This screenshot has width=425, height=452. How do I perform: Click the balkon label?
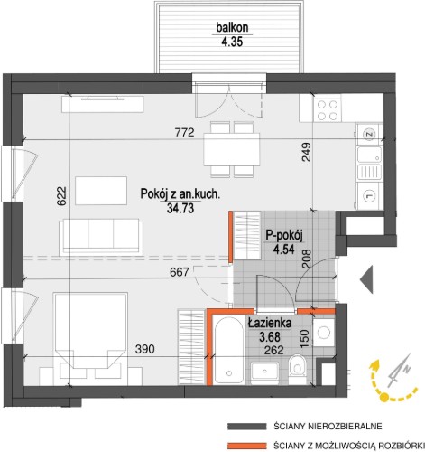coord(232,28)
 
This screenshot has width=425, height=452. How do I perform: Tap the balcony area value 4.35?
coord(232,42)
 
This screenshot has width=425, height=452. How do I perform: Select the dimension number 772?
coord(184,132)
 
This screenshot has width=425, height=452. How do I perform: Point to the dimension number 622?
coord(61,196)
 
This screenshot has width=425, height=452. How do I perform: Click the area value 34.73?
coord(180,208)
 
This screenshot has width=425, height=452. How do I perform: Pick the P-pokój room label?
coord(283,236)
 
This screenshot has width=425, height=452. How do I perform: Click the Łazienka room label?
coord(270,323)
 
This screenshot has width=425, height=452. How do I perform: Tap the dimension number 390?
coord(145,349)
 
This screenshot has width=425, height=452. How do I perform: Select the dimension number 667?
coord(180,272)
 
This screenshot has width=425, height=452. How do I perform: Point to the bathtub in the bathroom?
coord(229,349)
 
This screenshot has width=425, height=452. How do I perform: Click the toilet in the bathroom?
coord(298,368)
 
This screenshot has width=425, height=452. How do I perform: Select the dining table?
coord(232,149)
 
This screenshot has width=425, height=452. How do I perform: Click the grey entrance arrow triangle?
coord(366,279)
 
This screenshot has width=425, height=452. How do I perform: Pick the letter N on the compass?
coord(407,369)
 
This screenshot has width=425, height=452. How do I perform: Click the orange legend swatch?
coord(247,446)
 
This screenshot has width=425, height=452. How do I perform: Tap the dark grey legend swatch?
coord(247,427)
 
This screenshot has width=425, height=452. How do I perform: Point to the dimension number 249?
coord(306,152)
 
